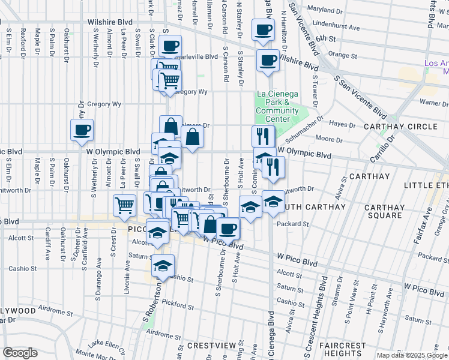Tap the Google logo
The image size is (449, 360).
[x=20, y=353]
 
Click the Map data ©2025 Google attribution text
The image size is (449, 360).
[x=412, y=355]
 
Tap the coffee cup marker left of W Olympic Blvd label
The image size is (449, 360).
[x=82, y=130]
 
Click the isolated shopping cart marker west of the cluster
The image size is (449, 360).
[x=124, y=205]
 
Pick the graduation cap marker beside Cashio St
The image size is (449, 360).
[x=163, y=265]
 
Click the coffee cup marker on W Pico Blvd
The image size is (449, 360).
[x=228, y=228]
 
